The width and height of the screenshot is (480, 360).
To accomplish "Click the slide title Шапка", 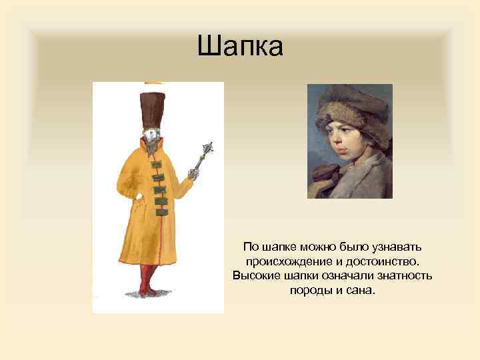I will (x=240, y=47).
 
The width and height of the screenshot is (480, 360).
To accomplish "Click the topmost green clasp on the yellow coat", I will (x=157, y=165).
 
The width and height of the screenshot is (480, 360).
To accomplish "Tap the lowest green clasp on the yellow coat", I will (x=161, y=211).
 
